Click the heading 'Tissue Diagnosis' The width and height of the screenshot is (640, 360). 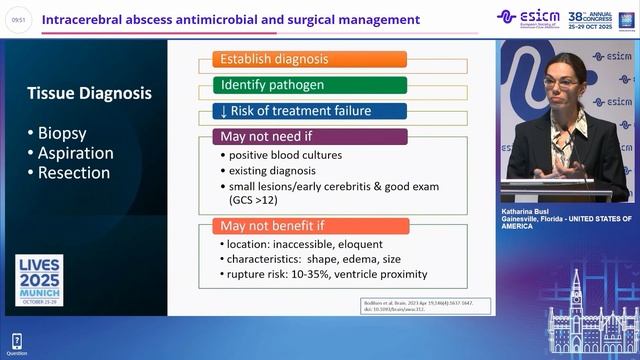click(92, 93)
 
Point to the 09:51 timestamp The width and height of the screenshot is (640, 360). click(20, 20)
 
